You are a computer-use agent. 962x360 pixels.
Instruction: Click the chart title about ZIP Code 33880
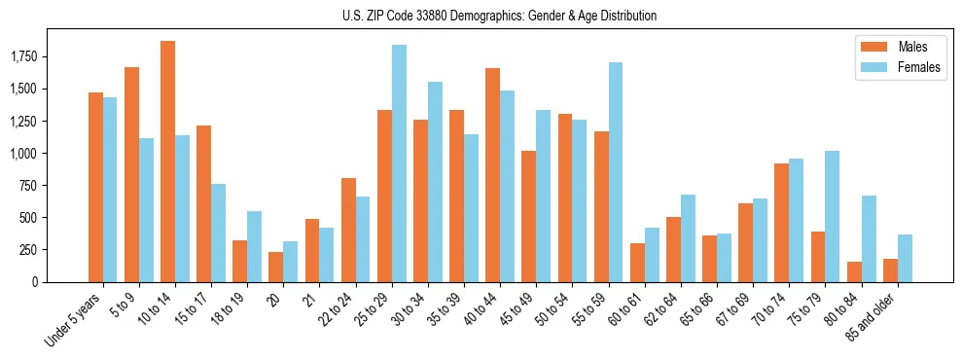point(499,16)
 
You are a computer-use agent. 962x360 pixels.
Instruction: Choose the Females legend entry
point(899,69)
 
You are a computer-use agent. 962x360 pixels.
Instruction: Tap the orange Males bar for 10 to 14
point(167,162)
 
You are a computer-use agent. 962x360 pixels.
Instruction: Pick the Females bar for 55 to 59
point(616,172)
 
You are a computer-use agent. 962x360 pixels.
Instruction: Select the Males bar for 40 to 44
point(492,175)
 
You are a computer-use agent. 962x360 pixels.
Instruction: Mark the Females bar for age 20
point(290,262)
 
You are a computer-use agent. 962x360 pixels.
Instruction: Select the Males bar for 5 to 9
point(131,174)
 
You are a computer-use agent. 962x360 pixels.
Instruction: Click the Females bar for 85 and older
point(905,258)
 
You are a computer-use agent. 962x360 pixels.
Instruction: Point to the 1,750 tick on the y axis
point(48,57)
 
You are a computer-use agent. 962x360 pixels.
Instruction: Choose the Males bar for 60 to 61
point(637,263)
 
